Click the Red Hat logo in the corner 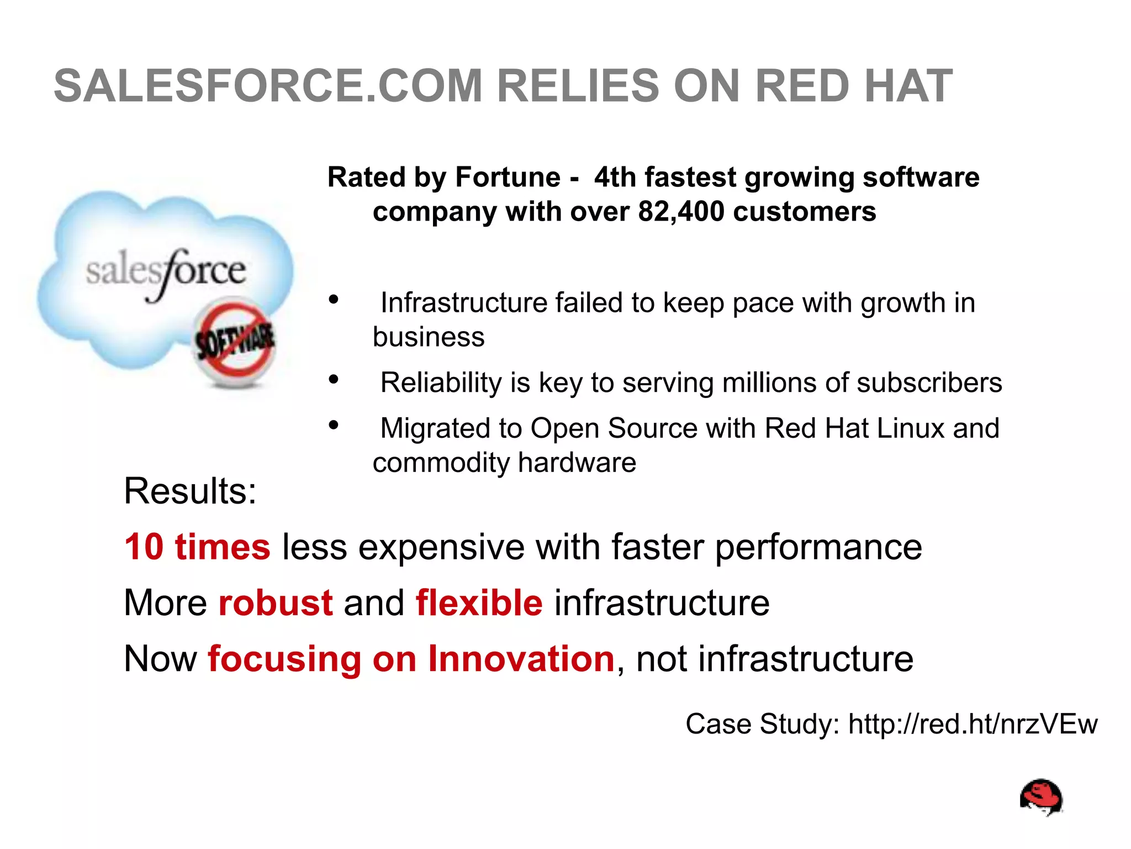[1042, 797]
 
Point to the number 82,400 [680, 212]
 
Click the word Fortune [508, 177]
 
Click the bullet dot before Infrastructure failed [333, 300]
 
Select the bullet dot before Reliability [333, 380]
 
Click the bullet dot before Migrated [333, 425]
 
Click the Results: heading [190, 491]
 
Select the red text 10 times [197, 547]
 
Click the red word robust [276, 602]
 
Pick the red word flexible [479, 602]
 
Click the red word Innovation [521, 659]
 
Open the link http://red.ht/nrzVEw [973, 724]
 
